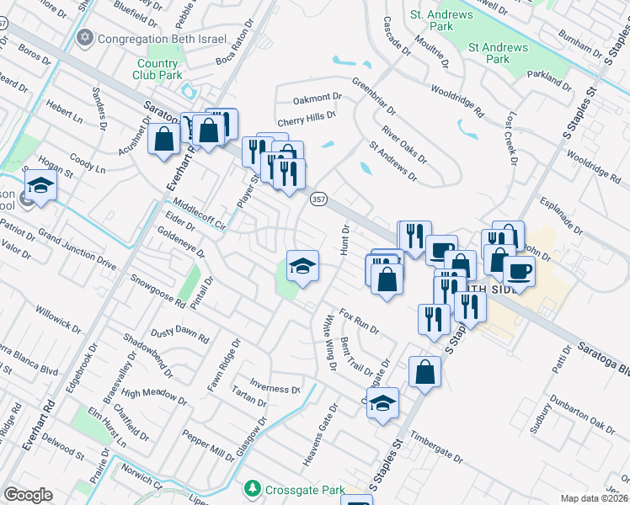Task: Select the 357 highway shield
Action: (x=318, y=199)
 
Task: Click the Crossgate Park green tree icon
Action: (x=252, y=489)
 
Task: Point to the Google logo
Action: (x=28, y=495)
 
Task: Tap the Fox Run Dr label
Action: (x=360, y=321)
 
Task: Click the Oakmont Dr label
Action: (x=315, y=96)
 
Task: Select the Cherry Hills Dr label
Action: (x=307, y=116)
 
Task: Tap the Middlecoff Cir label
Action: (x=199, y=217)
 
